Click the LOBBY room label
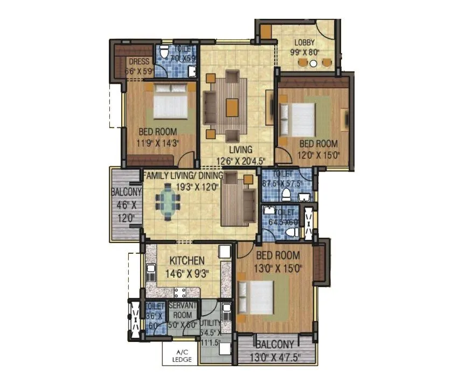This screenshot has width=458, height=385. [x=304, y=42]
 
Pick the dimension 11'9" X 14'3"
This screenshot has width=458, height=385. [x=158, y=143]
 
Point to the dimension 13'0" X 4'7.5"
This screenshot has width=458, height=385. [x=275, y=355]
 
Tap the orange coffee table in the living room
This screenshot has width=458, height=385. [x=232, y=106]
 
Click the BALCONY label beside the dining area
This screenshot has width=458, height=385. [x=126, y=191]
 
